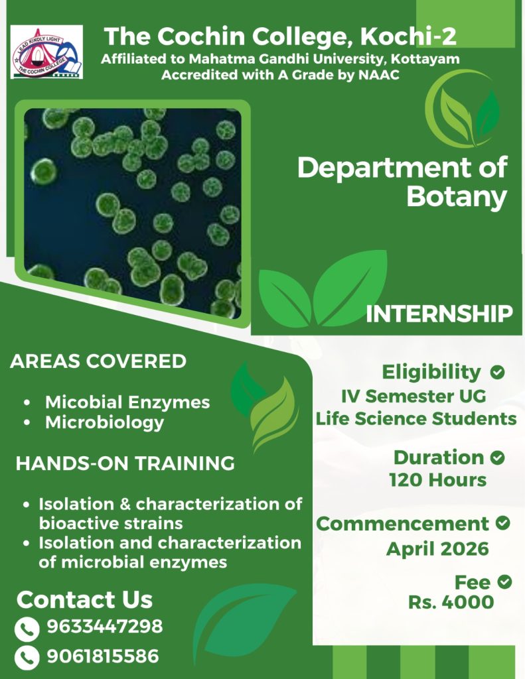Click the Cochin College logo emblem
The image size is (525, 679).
tap(47, 52)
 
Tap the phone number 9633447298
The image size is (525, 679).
tap(104, 626)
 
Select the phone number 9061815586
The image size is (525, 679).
tap(103, 656)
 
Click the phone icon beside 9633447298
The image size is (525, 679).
tap(27, 629)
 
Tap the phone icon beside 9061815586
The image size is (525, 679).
tap(27, 658)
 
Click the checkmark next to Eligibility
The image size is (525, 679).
tap(497, 372)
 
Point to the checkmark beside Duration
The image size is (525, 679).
tap(497, 458)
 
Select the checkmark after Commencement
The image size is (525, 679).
tap(502, 523)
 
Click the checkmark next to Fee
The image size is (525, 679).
tap(504, 582)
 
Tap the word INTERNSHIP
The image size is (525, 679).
tap(439, 314)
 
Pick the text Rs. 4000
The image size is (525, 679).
tap(451, 602)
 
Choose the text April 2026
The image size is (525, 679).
tap(437, 549)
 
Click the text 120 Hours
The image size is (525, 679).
tap(438, 480)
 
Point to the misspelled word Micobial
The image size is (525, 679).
tap(84, 402)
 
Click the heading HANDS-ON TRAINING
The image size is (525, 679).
tap(125, 463)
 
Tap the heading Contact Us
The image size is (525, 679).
tap(84, 599)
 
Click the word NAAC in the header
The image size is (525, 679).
tap(379, 75)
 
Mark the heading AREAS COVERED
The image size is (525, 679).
tap(98, 361)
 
